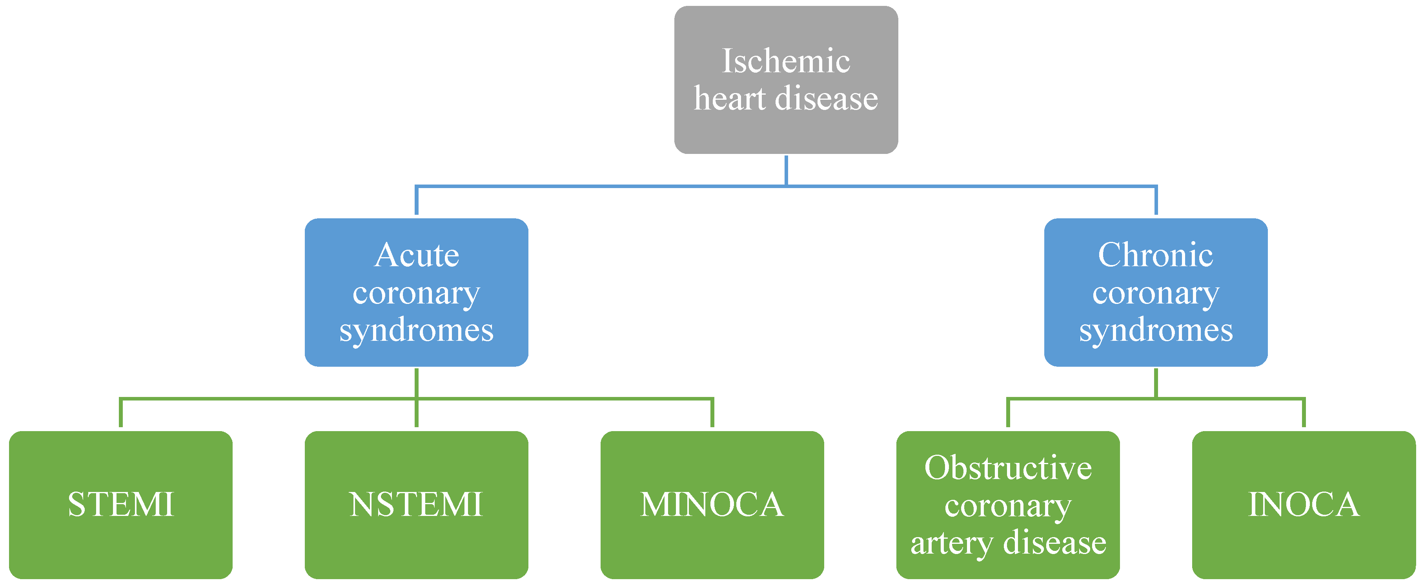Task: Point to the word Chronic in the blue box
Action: [x=1155, y=256]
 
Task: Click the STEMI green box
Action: [x=120, y=505]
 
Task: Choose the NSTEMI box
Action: [x=416, y=505]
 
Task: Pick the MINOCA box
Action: [x=712, y=505]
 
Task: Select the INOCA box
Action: [x=1304, y=505]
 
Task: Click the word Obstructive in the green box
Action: [x=1008, y=468]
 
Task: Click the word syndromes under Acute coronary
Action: [x=416, y=330]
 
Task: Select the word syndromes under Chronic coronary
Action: [x=1155, y=330]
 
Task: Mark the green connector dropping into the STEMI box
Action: [x=120, y=413]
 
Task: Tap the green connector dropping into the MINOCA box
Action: [x=712, y=413]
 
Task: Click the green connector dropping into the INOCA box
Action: [x=1304, y=413]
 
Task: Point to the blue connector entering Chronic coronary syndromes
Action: [x=1155, y=201]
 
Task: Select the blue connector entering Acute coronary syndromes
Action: [x=416, y=201]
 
